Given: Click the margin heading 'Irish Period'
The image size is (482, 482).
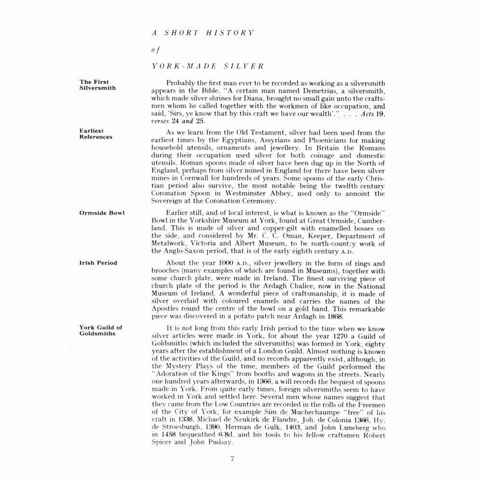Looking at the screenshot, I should (x=98, y=263).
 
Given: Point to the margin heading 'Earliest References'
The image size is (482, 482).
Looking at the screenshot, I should (x=96, y=134).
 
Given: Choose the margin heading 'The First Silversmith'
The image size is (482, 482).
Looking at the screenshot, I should (x=97, y=85).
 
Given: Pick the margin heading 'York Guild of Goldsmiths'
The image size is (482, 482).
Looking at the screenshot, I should (x=101, y=330).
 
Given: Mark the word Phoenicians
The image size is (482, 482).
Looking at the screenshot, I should (x=290, y=140).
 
